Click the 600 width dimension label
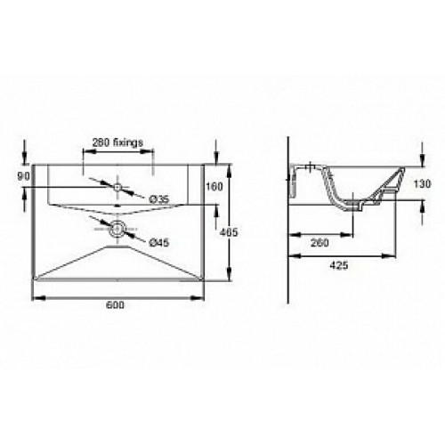pos(115,304)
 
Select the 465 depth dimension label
pos(229,232)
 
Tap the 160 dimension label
pos(214,187)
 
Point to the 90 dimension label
pos(23,177)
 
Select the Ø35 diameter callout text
pos(158,199)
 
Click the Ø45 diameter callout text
pos(158,243)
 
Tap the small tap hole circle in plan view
pos(117,187)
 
